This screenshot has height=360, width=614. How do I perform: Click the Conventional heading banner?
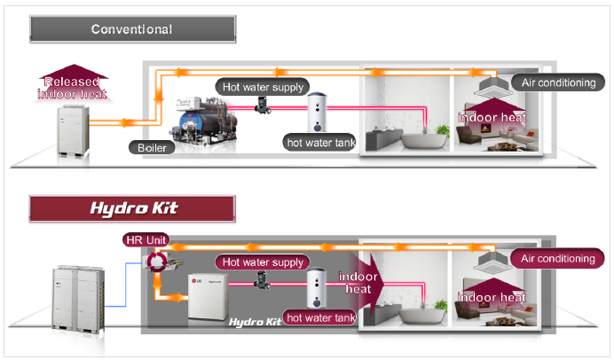(x=130, y=29)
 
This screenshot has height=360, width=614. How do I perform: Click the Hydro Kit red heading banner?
(x=130, y=209)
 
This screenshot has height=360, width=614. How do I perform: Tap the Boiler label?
(x=151, y=147)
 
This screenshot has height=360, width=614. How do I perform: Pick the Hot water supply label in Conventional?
(x=263, y=87)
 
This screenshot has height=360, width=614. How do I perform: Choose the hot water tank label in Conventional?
(x=319, y=141)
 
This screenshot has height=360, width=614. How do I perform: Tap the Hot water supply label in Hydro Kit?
(x=263, y=262)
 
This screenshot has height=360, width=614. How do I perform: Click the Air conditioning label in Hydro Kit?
(x=559, y=259)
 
